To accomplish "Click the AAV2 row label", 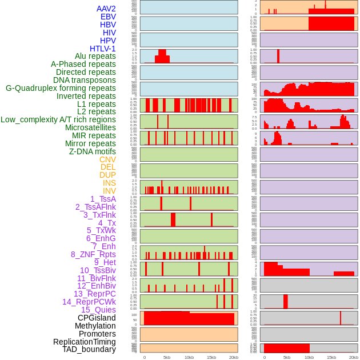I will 106,9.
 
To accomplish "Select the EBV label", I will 108,17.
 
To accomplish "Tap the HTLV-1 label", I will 103,49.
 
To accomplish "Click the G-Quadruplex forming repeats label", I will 61,88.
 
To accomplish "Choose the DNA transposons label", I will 85,80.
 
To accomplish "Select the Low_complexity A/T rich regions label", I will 58,119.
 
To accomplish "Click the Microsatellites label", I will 90,127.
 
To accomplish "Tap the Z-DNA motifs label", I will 93,151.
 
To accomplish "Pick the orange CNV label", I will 107,159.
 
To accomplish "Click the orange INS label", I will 109,183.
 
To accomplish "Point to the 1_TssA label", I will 103,199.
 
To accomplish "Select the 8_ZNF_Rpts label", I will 93,254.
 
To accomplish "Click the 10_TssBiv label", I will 98,270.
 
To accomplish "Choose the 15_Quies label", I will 98,310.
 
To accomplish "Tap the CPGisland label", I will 97,318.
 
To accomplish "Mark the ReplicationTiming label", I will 84,342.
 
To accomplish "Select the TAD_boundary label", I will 89,349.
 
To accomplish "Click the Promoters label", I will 97,334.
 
